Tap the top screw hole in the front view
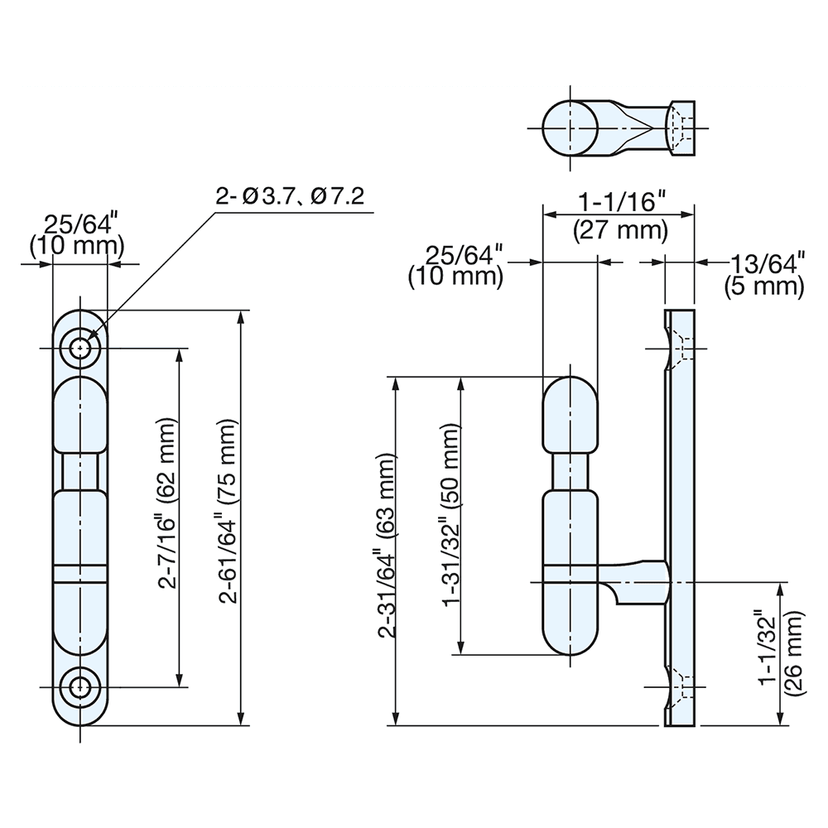(80, 348)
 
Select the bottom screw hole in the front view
(80, 686)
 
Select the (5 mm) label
(763, 287)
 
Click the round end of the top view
(571, 128)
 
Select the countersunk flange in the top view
(681, 128)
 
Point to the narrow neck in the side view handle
(569, 470)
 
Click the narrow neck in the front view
(80, 470)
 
